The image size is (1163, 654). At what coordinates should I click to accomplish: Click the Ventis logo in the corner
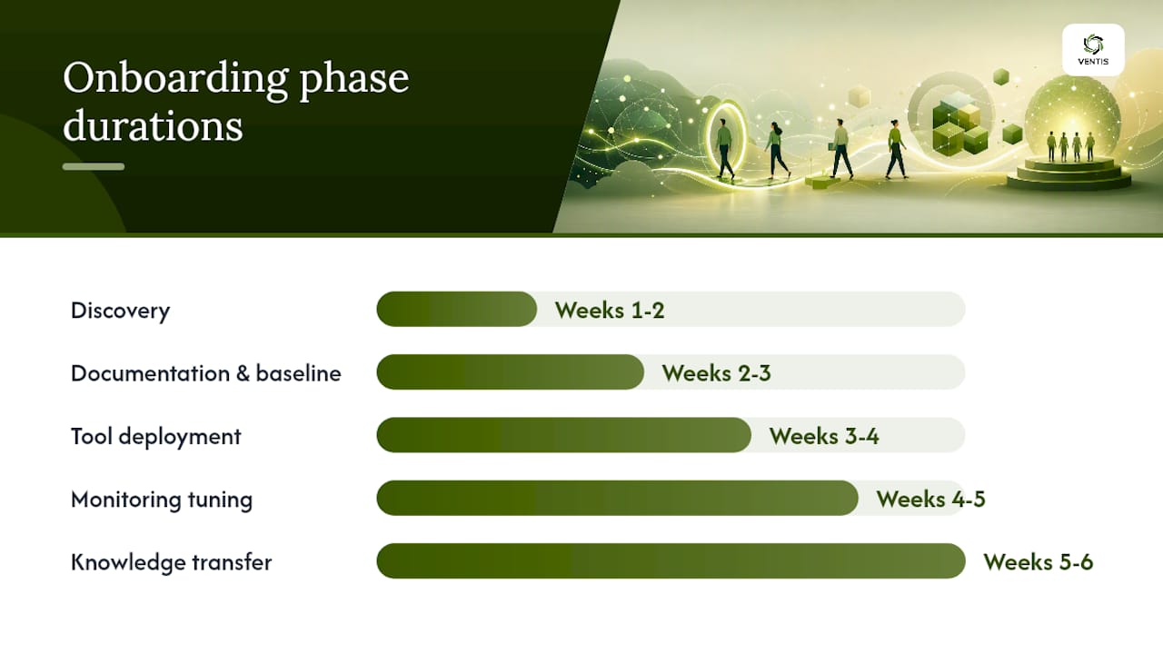click(1093, 50)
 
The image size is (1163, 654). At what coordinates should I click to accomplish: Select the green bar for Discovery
click(456, 310)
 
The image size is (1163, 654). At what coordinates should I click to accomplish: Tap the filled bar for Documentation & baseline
click(510, 372)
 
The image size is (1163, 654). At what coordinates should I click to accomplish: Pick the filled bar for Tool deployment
click(563, 435)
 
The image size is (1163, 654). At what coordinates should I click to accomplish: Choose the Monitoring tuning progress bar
click(617, 499)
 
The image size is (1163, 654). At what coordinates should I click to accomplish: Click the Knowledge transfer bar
click(671, 561)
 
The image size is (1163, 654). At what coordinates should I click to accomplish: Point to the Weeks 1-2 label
click(610, 311)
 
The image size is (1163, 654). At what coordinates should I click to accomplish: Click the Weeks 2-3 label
click(717, 373)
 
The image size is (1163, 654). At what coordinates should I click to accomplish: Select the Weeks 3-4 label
click(824, 436)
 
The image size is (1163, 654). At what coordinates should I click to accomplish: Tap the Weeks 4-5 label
click(931, 500)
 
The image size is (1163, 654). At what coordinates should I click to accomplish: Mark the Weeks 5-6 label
click(1039, 562)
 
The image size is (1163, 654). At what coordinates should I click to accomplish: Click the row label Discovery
click(121, 312)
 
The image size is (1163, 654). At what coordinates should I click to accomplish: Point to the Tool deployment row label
click(155, 437)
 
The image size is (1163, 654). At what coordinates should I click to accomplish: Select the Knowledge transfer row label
click(172, 562)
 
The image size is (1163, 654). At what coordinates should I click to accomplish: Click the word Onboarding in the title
click(175, 79)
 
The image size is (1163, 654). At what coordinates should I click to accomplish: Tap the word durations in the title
click(154, 126)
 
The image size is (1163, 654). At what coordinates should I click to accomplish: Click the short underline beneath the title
click(94, 166)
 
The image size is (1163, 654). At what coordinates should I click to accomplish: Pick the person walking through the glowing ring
click(725, 148)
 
